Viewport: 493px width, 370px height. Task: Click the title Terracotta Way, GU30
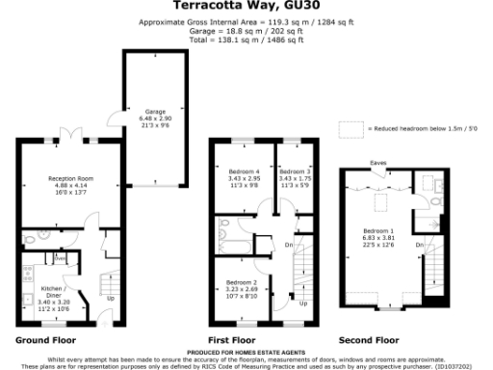(247, 5)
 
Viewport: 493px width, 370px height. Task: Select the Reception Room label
(71, 177)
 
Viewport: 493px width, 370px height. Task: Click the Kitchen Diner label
(51, 289)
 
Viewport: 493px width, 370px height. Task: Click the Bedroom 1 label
(378, 231)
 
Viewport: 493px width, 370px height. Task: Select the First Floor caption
(231, 341)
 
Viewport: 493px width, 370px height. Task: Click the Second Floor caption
(369, 341)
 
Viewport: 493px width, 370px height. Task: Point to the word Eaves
(379, 164)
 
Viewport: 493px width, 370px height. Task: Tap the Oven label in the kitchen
(60, 259)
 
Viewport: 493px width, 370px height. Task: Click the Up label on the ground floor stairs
(109, 298)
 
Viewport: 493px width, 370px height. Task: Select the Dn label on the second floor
(419, 245)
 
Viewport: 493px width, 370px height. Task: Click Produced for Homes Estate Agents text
(246, 355)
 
